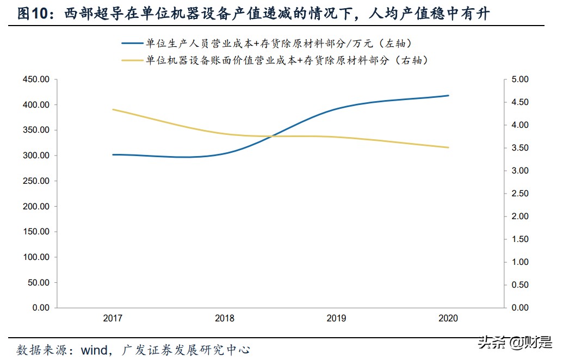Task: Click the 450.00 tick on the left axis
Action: click(36, 79)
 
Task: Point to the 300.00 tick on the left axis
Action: click(36, 156)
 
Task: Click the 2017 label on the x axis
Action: click(112, 319)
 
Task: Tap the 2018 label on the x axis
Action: click(224, 319)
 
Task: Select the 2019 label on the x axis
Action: click(336, 319)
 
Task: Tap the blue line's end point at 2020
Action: click(448, 96)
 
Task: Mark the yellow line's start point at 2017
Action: click(113, 109)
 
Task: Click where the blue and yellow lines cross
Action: click(268, 136)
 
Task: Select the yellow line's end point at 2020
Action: click(448, 147)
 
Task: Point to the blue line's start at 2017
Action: click(113, 154)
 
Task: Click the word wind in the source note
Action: click(94, 349)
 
